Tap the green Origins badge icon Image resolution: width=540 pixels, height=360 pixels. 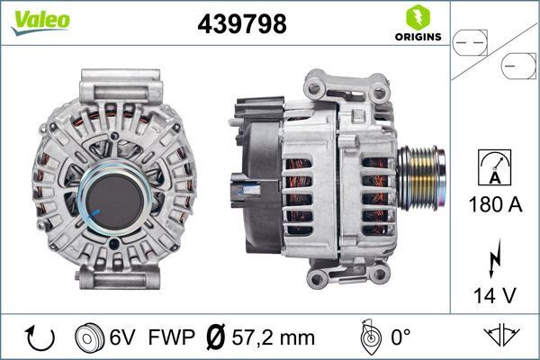[418, 17]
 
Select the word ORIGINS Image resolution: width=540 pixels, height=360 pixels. [418, 37]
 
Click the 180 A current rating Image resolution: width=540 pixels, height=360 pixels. [495, 205]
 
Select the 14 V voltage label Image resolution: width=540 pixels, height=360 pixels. [495, 294]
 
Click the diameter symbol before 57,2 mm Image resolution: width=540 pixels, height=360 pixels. [215, 338]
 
